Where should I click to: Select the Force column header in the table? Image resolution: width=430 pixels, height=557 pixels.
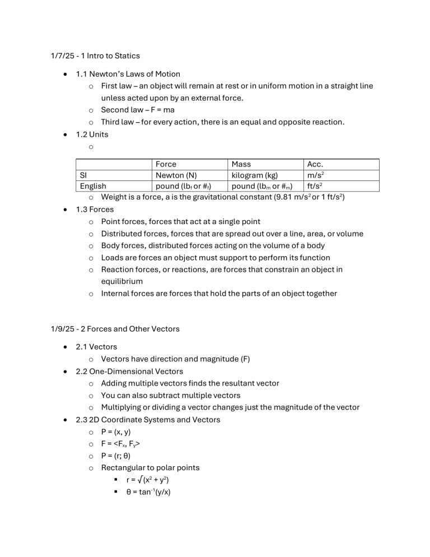coord(166,164)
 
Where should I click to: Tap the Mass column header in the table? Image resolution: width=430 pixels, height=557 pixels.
coord(241,164)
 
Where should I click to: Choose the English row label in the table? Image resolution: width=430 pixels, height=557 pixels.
coord(93,186)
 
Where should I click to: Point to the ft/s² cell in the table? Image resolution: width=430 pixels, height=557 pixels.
coord(315,186)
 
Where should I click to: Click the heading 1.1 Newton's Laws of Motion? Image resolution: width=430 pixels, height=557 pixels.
coord(128,73)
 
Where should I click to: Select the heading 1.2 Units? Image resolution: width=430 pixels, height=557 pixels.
coord(92,134)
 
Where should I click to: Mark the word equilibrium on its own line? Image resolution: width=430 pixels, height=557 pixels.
coord(121,281)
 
